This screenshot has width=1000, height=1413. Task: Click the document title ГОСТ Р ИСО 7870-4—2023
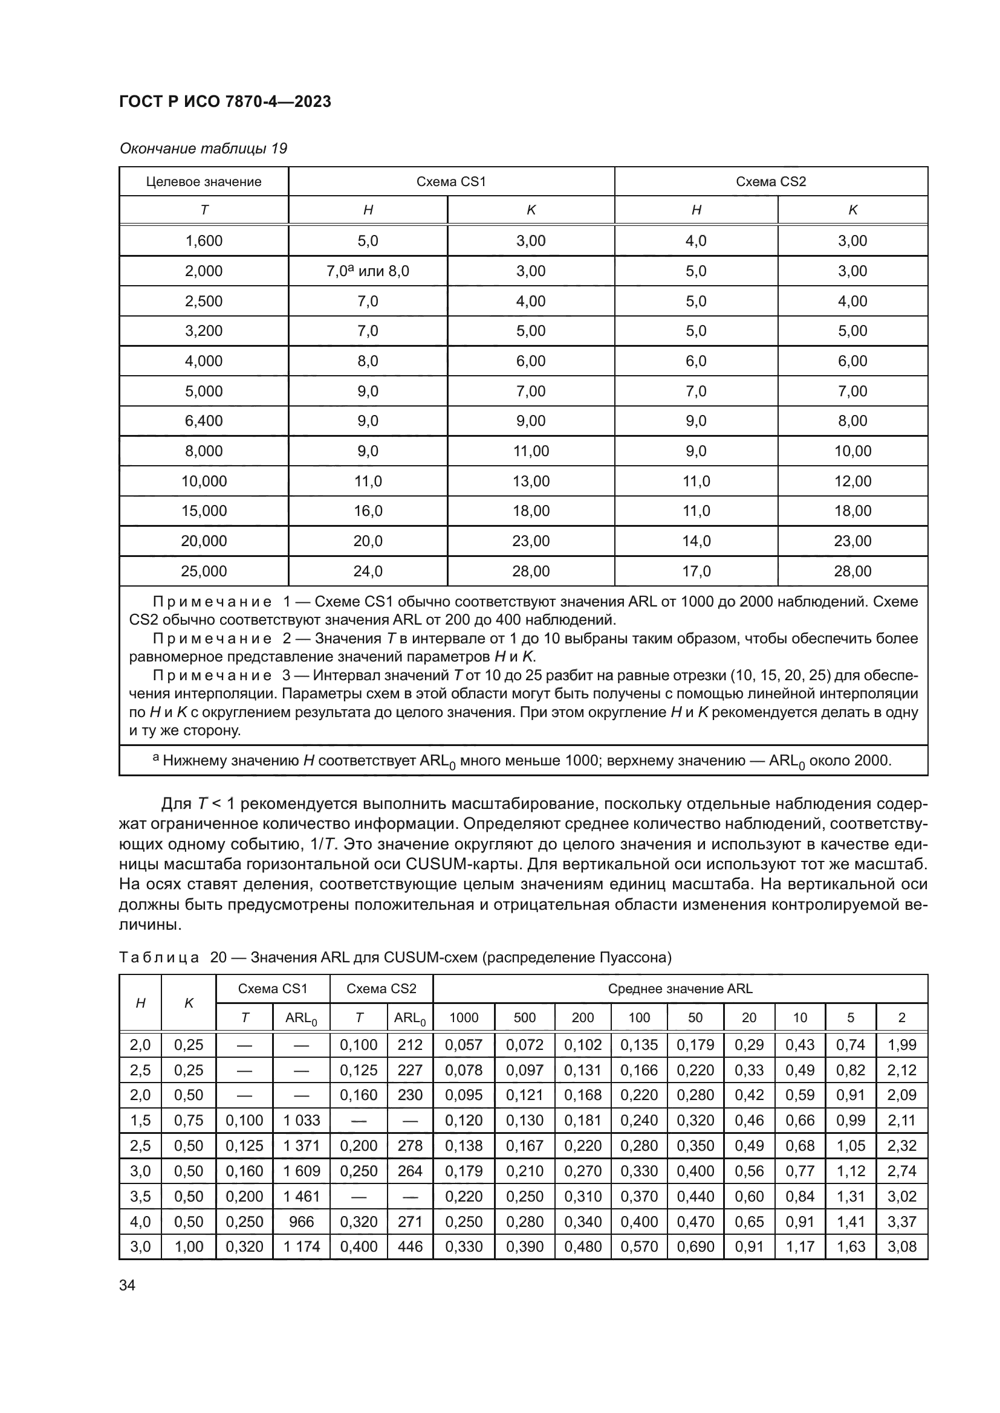pyautogui.click(x=225, y=101)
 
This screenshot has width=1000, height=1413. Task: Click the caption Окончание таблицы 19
pyautogui.click(x=203, y=149)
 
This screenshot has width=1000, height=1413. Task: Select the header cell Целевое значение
pyautogui.click(x=203, y=182)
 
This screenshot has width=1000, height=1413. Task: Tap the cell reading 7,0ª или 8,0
pyautogui.click(x=368, y=271)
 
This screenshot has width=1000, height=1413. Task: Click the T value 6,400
pyautogui.click(x=203, y=421)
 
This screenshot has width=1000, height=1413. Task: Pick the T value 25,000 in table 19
pyautogui.click(x=203, y=571)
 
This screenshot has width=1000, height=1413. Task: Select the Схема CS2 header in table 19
pyautogui.click(x=770, y=182)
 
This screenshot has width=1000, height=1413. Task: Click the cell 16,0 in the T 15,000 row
pyautogui.click(x=368, y=511)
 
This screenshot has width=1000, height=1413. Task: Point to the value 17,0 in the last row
pyautogui.click(x=696, y=571)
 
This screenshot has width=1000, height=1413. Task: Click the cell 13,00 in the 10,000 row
pyautogui.click(x=531, y=481)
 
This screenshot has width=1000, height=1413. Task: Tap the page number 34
pyautogui.click(x=127, y=1285)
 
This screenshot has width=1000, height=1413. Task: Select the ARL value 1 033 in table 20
pyautogui.click(x=301, y=1120)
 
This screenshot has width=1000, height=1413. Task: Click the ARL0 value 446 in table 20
pyautogui.click(x=410, y=1246)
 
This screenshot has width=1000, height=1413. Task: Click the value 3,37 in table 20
pyautogui.click(x=901, y=1221)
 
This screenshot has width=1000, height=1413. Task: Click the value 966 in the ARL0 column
pyautogui.click(x=301, y=1221)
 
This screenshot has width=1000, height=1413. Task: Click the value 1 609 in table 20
pyautogui.click(x=301, y=1171)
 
